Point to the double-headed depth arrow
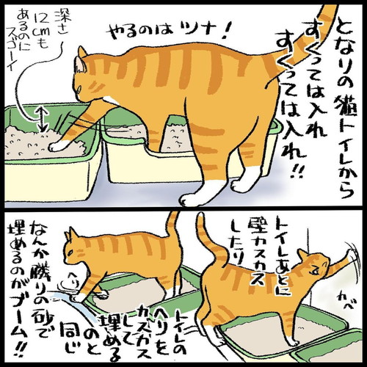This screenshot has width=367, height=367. click(x=42, y=117)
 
